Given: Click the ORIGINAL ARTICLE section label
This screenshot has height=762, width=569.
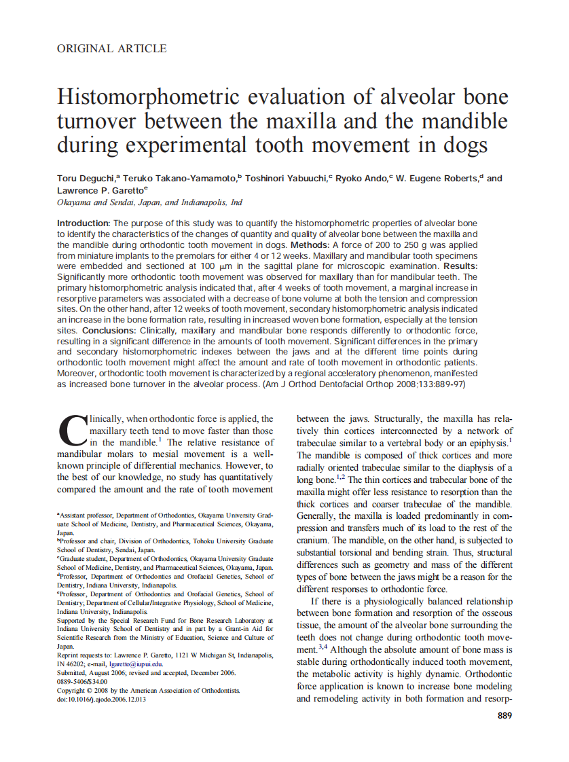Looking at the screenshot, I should click(x=111, y=48).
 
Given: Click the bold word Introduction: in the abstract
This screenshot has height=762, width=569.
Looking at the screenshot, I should click(x=83, y=223).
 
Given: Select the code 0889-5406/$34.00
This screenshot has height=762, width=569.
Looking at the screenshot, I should click(x=82, y=681).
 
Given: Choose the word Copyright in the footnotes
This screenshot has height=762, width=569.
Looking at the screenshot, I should click(x=73, y=690).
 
